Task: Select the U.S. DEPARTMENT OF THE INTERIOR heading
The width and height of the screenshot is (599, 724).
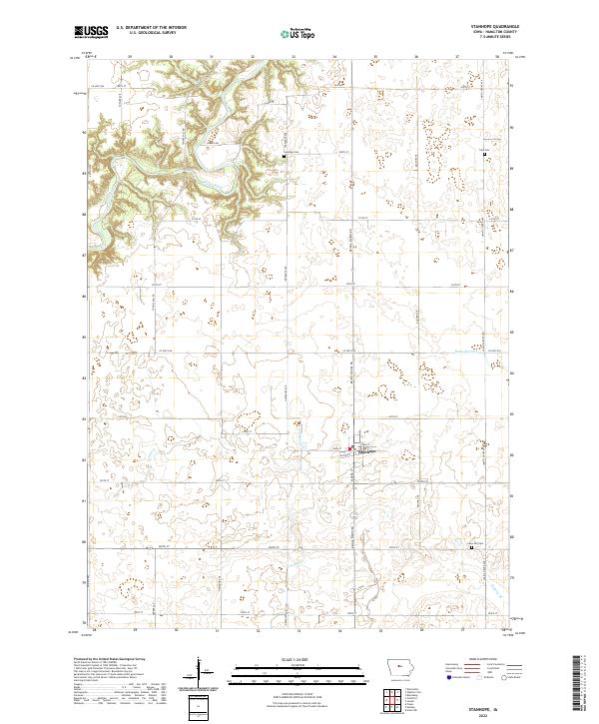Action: pyautogui.click(x=150, y=28)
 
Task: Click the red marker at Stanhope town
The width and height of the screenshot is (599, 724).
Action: pyautogui.click(x=348, y=449)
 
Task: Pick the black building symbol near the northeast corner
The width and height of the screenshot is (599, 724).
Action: pyautogui.click(x=485, y=156)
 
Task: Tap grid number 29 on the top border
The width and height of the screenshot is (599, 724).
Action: pyautogui.click(x=130, y=57)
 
